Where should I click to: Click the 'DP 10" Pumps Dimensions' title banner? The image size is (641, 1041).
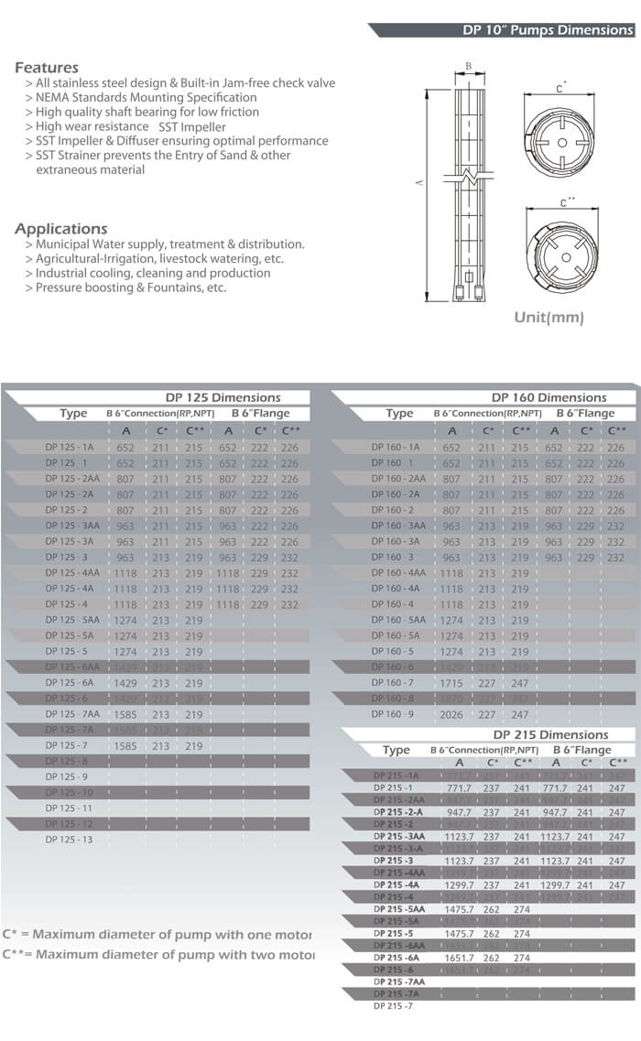tap(548, 30)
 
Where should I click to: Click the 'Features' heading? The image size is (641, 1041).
tap(47, 68)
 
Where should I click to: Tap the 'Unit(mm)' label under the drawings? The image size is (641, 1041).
tap(549, 318)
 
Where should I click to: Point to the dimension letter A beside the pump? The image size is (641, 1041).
tap(418, 184)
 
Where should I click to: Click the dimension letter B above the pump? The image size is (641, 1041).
tap(468, 67)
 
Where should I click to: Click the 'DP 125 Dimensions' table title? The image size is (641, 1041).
tap(223, 397)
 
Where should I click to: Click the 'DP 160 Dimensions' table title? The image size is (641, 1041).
tap(549, 397)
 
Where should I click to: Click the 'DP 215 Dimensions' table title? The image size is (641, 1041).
tap(550, 734)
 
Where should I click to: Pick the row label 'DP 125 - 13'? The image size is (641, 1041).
tap(69, 840)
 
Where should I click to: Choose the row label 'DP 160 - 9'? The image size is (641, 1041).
tap(393, 714)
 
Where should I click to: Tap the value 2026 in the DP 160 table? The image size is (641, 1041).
tap(451, 714)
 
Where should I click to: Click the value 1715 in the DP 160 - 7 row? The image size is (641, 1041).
tap(451, 683)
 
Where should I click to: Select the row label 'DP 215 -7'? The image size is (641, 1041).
tap(393, 1006)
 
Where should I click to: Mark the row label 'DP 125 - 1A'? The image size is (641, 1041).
tap(70, 448)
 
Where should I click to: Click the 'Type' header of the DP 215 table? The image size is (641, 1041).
tap(396, 750)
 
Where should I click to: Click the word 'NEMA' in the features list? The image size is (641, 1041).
tap(52, 97)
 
